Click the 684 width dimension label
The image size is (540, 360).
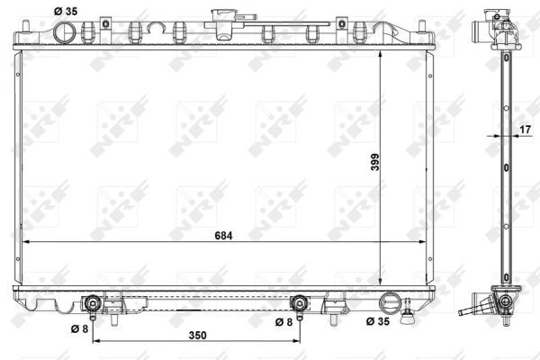tap(223, 236)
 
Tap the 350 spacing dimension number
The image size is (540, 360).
tap(197, 336)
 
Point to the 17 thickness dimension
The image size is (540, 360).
tap(525, 130)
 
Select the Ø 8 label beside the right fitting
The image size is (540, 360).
tap(283, 321)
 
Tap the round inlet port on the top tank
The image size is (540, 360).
tap(65, 32)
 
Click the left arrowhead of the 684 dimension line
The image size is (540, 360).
tap(24, 243)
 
